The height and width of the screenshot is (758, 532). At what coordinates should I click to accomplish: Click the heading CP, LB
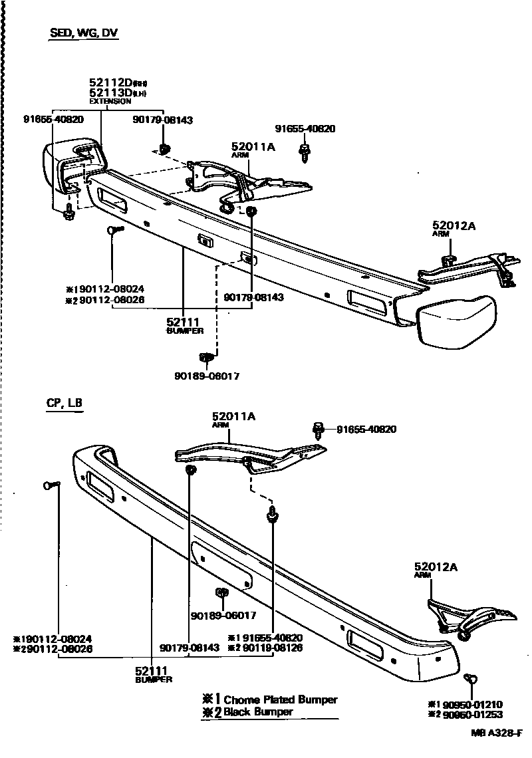(64, 403)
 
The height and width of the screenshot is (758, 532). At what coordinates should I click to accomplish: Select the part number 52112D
(110, 83)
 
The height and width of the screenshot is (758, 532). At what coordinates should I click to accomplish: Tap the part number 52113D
(110, 93)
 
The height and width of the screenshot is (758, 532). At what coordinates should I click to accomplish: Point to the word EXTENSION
(110, 102)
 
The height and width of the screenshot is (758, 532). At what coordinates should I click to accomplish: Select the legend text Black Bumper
(258, 711)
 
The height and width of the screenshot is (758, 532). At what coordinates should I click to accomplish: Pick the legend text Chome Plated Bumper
(280, 699)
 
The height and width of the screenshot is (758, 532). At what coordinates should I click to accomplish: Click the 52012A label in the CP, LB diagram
(436, 567)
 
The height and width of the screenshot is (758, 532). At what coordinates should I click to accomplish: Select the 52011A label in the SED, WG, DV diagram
(253, 147)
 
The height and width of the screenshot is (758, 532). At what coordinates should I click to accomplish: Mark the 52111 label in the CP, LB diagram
(153, 671)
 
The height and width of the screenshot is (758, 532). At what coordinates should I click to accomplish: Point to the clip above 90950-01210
(471, 679)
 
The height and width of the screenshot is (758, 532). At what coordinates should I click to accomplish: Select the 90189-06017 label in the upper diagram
(207, 376)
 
